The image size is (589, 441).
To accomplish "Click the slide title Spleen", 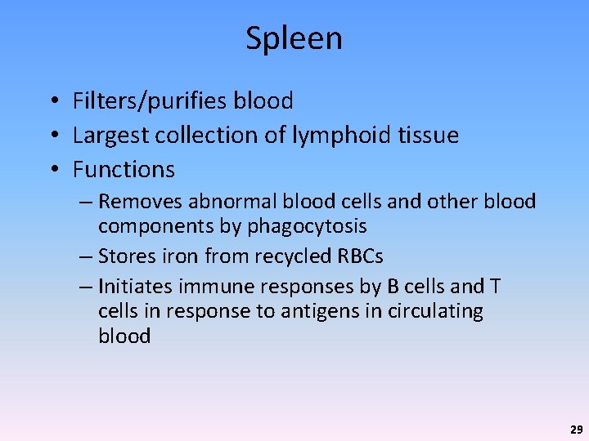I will click(x=294, y=38).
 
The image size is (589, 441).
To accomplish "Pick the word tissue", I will click(x=427, y=136).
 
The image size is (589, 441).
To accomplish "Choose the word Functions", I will click(x=124, y=170).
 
